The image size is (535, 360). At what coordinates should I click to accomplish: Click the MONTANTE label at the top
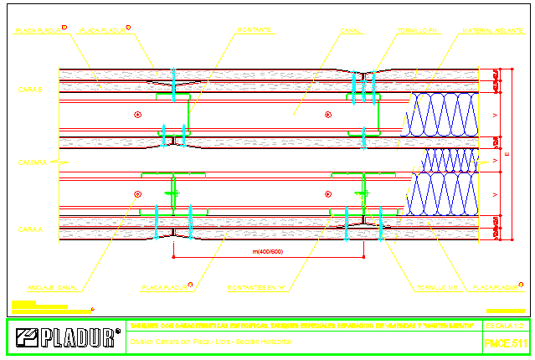pyautogui.click(x=253, y=30)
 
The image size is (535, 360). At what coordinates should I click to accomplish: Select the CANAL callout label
pyautogui.click(x=351, y=30)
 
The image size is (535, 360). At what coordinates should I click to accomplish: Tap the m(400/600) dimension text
pyautogui.click(x=268, y=251)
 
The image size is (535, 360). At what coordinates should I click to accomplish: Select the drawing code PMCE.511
pyautogui.click(x=506, y=343)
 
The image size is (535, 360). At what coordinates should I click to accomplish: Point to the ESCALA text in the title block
pyautogui.click(x=503, y=325)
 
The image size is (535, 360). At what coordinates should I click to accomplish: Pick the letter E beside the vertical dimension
pyautogui.click(x=509, y=154)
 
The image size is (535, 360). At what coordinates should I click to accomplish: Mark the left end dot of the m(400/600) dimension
pyautogui.click(x=173, y=252)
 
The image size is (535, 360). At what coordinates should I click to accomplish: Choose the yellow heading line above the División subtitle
pyautogui.click(x=302, y=325)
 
